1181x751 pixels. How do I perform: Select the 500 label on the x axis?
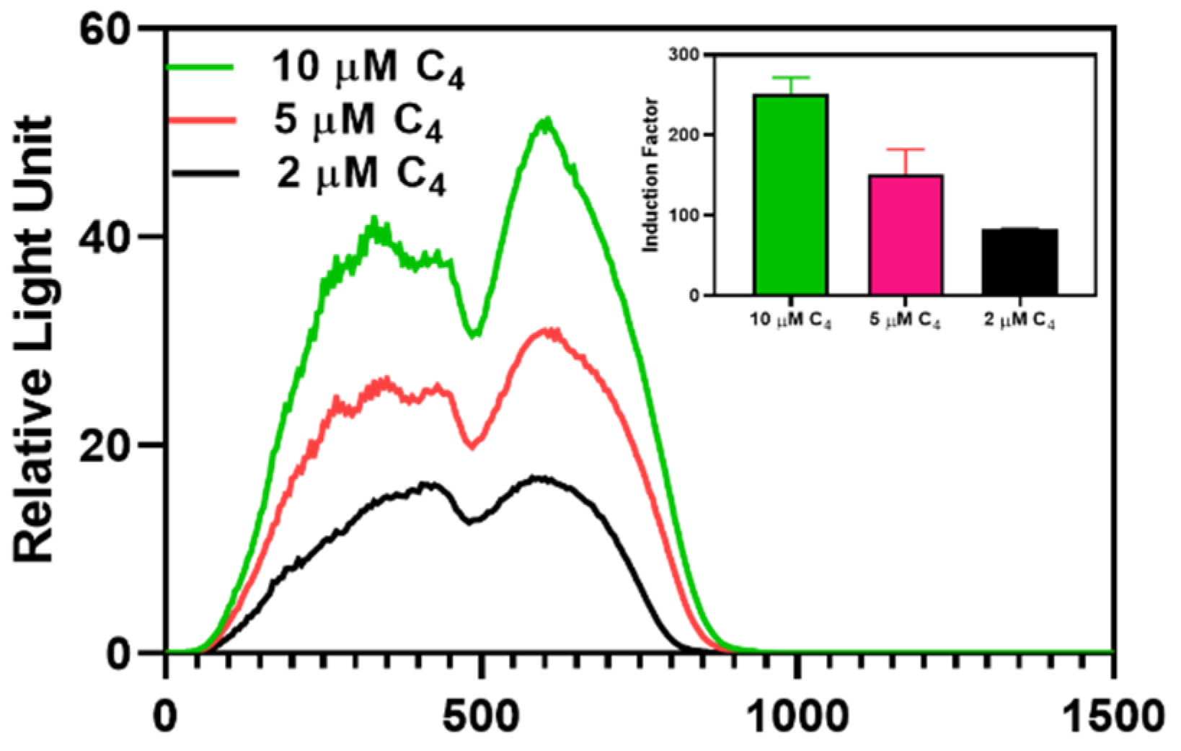point(482,719)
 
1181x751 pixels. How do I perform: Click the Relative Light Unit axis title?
point(35,339)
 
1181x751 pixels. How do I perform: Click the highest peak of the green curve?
point(547,120)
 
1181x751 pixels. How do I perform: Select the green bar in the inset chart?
point(791,195)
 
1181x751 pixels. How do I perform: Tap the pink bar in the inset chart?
point(906,235)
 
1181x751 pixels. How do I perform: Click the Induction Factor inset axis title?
point(652,175)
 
